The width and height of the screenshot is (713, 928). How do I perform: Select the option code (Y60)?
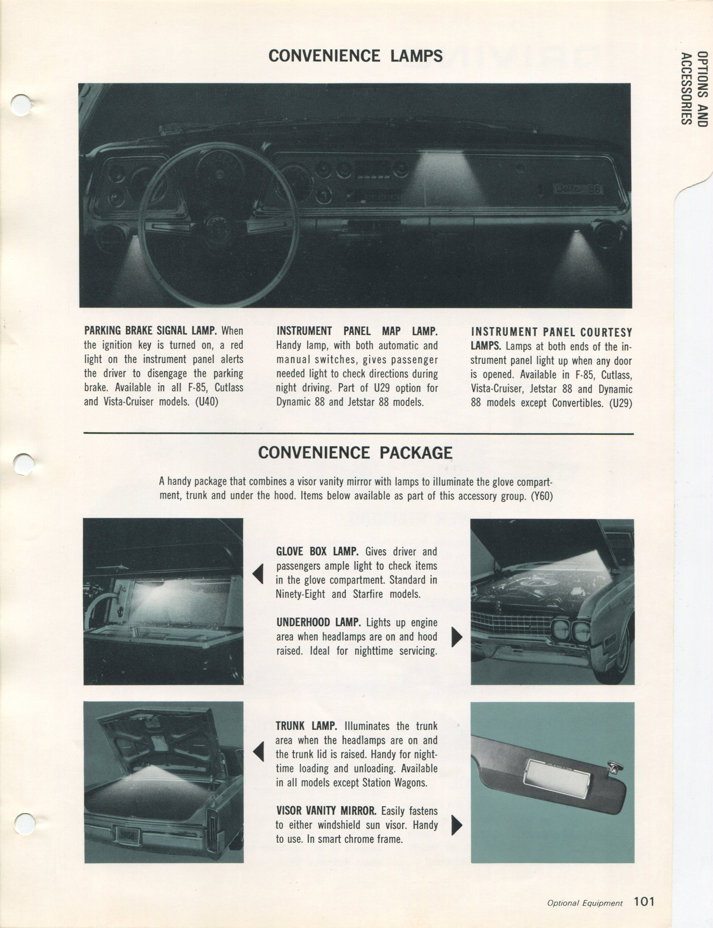542,496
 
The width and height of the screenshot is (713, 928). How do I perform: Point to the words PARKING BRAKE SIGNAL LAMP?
150,330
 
